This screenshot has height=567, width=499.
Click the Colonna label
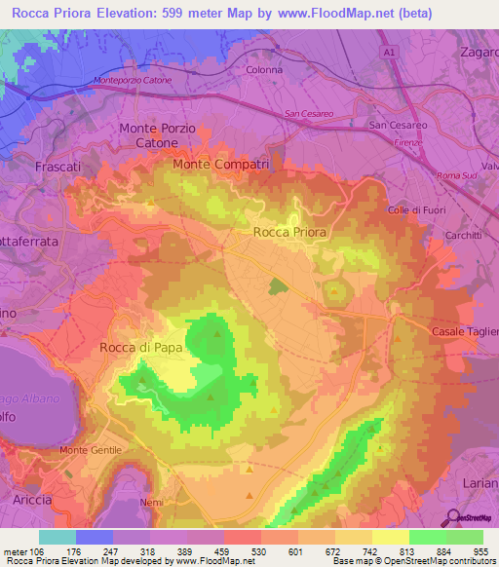(x=264, y=70)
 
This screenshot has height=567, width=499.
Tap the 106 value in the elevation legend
(x=38, y=551)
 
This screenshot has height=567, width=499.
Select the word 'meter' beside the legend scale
(x=15, y=551)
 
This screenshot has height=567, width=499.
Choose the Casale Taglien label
(x=464, y=332)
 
